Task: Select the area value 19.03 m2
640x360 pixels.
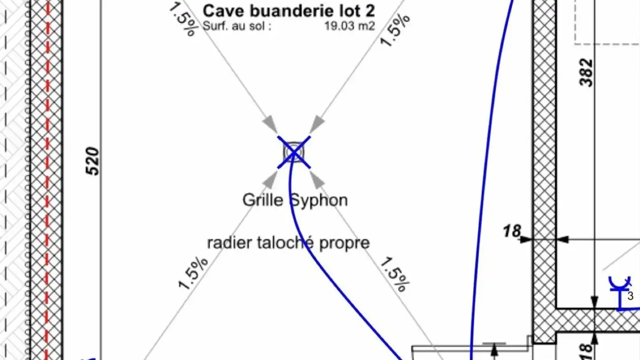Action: click(349, 26)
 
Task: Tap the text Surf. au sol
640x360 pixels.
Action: click(237, 26)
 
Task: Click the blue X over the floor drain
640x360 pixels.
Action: click(294, 152)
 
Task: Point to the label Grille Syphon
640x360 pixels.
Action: click(295, 200)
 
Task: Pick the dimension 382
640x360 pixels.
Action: click(587, 72)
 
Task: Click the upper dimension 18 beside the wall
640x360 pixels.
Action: click(512, 232)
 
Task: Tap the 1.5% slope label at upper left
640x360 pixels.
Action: click(183, 20)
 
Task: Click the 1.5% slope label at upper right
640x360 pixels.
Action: click(395, 30)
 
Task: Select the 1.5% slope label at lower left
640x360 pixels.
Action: click(193, 273)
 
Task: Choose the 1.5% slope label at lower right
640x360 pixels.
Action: click(393, 274)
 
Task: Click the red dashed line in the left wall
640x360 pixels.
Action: click(48, 178)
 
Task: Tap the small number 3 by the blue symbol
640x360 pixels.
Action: click(630, 296)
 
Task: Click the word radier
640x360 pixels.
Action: click(225, 243)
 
